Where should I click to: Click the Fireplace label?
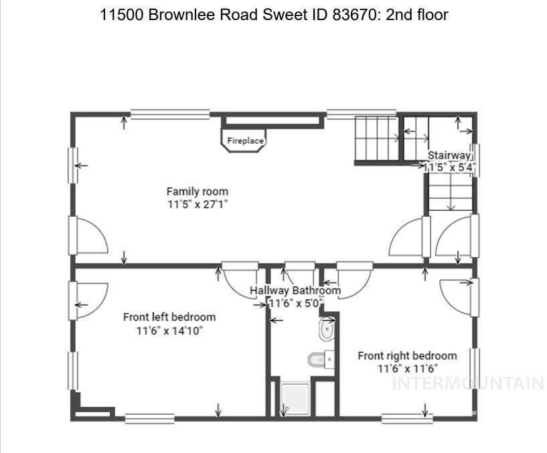click(245, 141)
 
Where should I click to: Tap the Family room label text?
click(197, 192)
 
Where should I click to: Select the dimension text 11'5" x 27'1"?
click(198, 205)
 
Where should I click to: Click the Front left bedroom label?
click(169, 317)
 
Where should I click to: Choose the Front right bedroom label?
click(407, 356)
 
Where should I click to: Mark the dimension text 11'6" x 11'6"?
click(407, 369)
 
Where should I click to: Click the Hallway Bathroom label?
click(295, 290)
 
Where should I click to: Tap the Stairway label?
click(449, 155)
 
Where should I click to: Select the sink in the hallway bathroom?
click(327, 330)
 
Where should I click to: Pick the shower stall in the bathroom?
click(295, 399)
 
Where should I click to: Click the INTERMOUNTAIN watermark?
click(467, 383)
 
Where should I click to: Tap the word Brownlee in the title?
click(183, 15)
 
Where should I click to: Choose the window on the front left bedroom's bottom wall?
click(149, 419)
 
